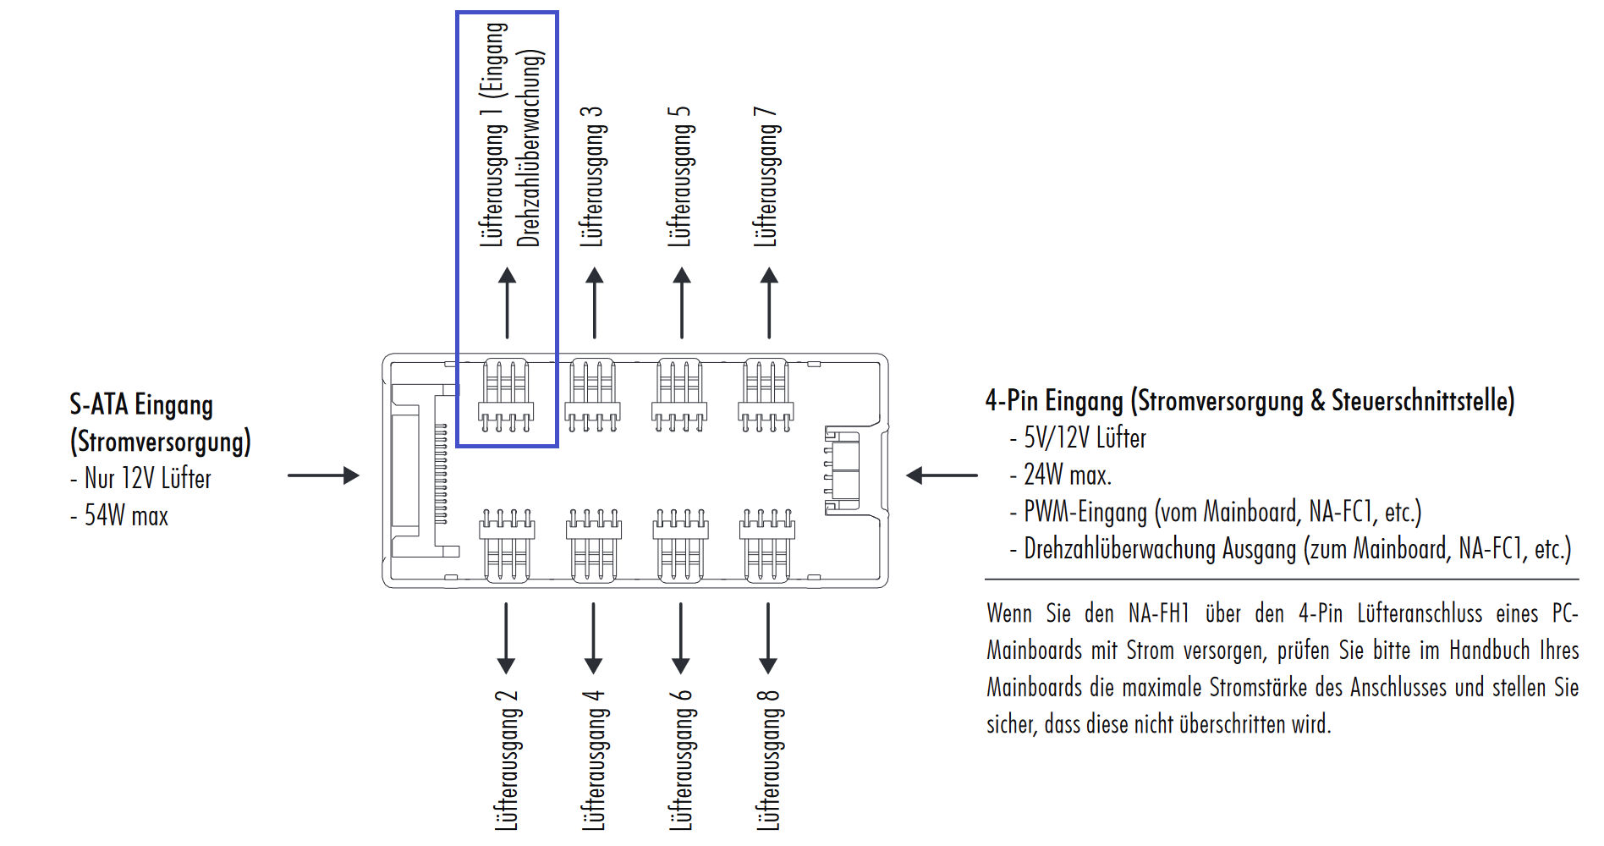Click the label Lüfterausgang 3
tap(591, 177)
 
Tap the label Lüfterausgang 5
tap(679, 177)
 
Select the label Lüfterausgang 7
tap(766, 177)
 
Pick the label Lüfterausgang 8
tap(767, 760)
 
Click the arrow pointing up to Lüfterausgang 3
tap(595, 303)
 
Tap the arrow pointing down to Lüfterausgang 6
tap(681, 638)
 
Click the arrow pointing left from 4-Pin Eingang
tap(942, 475)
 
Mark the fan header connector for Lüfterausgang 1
tap(506, 395)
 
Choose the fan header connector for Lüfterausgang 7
tap(766, 395)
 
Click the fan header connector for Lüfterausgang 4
tap(594, 545)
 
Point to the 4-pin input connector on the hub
tap(843, 470)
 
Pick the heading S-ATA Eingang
tap(141, 404)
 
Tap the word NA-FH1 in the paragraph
tap(1158, 613)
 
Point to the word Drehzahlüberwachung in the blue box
tap(530, 148)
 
